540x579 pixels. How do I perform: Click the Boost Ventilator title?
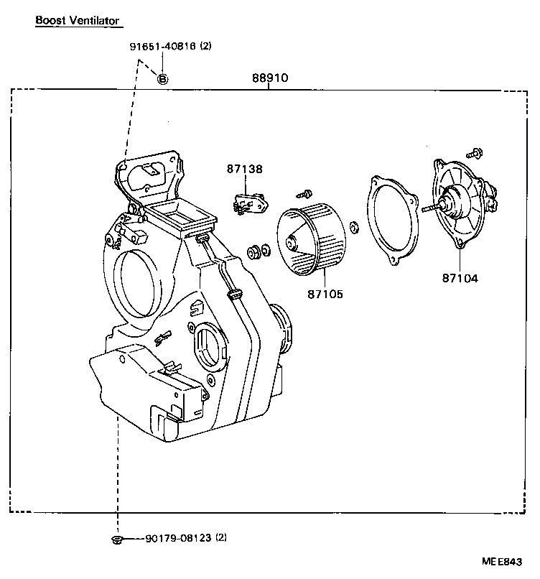[x=78, y=21]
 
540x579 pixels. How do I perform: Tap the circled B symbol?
[x=163, y=78]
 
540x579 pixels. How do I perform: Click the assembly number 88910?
[x=269, y=78]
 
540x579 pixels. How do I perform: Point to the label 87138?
[x=245, y=170]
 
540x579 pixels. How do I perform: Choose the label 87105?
[x=325, y=293]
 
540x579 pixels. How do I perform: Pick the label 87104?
[x=460, y=277]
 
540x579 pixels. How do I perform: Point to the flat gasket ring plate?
[x=392, y=220]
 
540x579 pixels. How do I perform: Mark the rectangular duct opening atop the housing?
[x=179, y=215]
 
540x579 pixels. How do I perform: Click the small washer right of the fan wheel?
[x=353, y=228]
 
